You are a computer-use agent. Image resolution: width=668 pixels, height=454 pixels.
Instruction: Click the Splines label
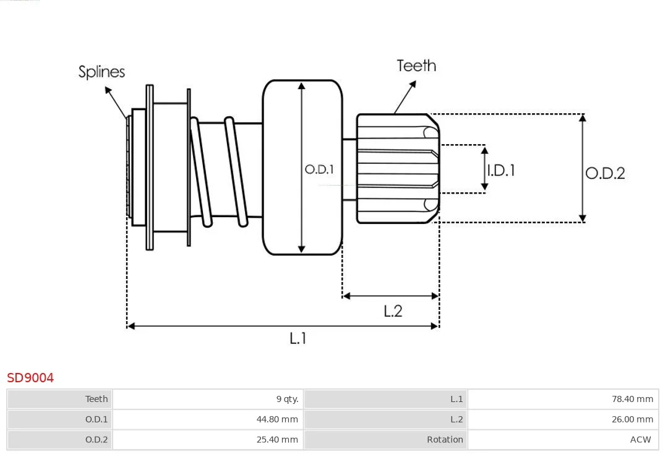pyautogui.click(x=101, y=72)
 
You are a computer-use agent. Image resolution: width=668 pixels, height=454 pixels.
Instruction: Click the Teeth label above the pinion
pyautogui.click(x=416, y=66)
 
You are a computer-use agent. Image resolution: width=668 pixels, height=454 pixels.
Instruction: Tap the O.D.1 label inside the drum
pyautogui.click(x=319, y=169)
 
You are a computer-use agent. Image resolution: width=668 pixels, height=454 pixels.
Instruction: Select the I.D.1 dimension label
pyautogui.click(x=501, y=170)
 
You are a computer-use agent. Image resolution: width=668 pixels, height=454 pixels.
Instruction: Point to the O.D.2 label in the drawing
pyautogui.click(x=605, y=173)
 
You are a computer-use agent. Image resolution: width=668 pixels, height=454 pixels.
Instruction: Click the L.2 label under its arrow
pyautogui.click(x=393, y=311)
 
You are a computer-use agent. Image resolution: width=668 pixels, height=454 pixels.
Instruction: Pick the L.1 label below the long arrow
pyautogui.click(x=298, y=338)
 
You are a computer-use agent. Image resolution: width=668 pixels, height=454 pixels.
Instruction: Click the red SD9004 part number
pyautogui.click(x=30, y=378)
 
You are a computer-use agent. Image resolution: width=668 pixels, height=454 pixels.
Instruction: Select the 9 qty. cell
pyautogui.click(x=287, y=399)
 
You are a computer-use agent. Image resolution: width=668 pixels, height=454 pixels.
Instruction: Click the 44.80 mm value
pyautogui.click(x=277, y=419)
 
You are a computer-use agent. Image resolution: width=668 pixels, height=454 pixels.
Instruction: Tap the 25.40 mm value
pyautogui.click(x=277, y=440)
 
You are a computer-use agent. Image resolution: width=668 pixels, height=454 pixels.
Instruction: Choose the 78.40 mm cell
pyautogui.click(x=632, y=399)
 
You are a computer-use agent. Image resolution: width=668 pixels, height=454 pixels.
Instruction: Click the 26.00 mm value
pyautogui.click(x=632, y=419)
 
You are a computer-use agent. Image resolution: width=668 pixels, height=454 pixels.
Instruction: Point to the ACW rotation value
pyautogui.click(x=641, y=440)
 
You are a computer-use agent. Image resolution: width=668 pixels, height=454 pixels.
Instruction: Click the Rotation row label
pyautogui.click(x=445, y=440)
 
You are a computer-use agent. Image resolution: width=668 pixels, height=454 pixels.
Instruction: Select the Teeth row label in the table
pyautogui.click(x=96, y=399)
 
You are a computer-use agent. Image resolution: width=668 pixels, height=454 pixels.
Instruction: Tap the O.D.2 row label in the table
pyautogui.click(x=96, y=440)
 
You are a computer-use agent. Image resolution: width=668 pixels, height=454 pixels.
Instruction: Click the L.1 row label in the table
pyautogui.click(x=456, y=399)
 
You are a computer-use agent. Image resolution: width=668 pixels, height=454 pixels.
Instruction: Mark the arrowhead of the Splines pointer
pyautogui.click(x=108, y=90)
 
